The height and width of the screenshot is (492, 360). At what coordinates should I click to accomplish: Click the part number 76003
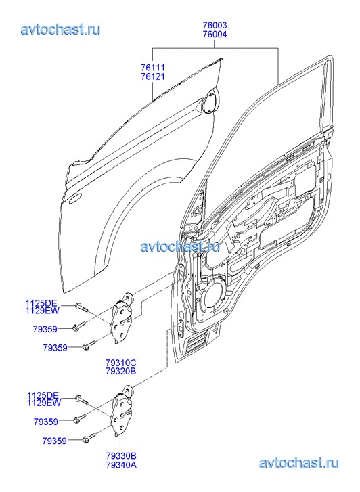point(215,25)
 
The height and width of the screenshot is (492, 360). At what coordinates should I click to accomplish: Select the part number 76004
point(215,34)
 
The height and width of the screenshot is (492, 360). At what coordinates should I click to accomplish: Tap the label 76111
point(153,68)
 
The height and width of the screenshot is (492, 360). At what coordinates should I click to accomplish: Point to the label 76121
point(153,76)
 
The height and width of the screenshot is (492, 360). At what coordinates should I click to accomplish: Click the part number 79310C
point(121,363)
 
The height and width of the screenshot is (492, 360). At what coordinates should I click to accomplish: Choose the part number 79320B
point(121,371)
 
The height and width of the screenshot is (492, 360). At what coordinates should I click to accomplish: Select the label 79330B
point(121,456)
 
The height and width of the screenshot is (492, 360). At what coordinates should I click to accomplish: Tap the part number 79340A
point(121,464)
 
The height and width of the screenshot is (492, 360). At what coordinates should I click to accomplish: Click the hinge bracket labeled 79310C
point(122,320)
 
